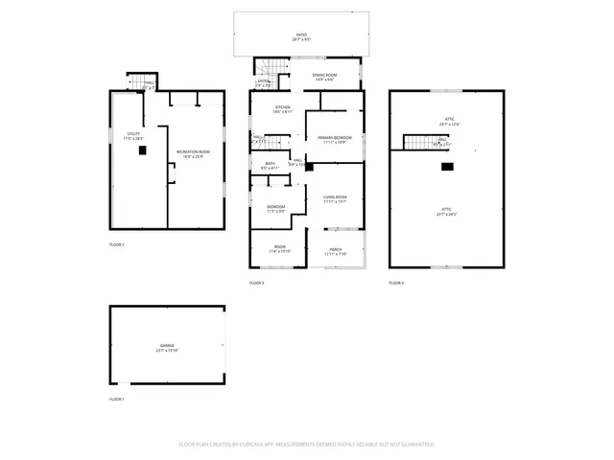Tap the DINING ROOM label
[324, 76]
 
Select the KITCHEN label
[283, 108]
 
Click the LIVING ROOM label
[335, 198]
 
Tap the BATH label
[270, 165]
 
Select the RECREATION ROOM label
[193, 154]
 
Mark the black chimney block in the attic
[446, 166]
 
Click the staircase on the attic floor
[418, 143]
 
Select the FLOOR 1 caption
[117, 398]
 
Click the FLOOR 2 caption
[117, 244]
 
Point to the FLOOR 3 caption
[257, 283]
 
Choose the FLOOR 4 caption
[396, 283]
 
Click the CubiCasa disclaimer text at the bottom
[307, 444]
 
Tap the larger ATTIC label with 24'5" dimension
[446, 213]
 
